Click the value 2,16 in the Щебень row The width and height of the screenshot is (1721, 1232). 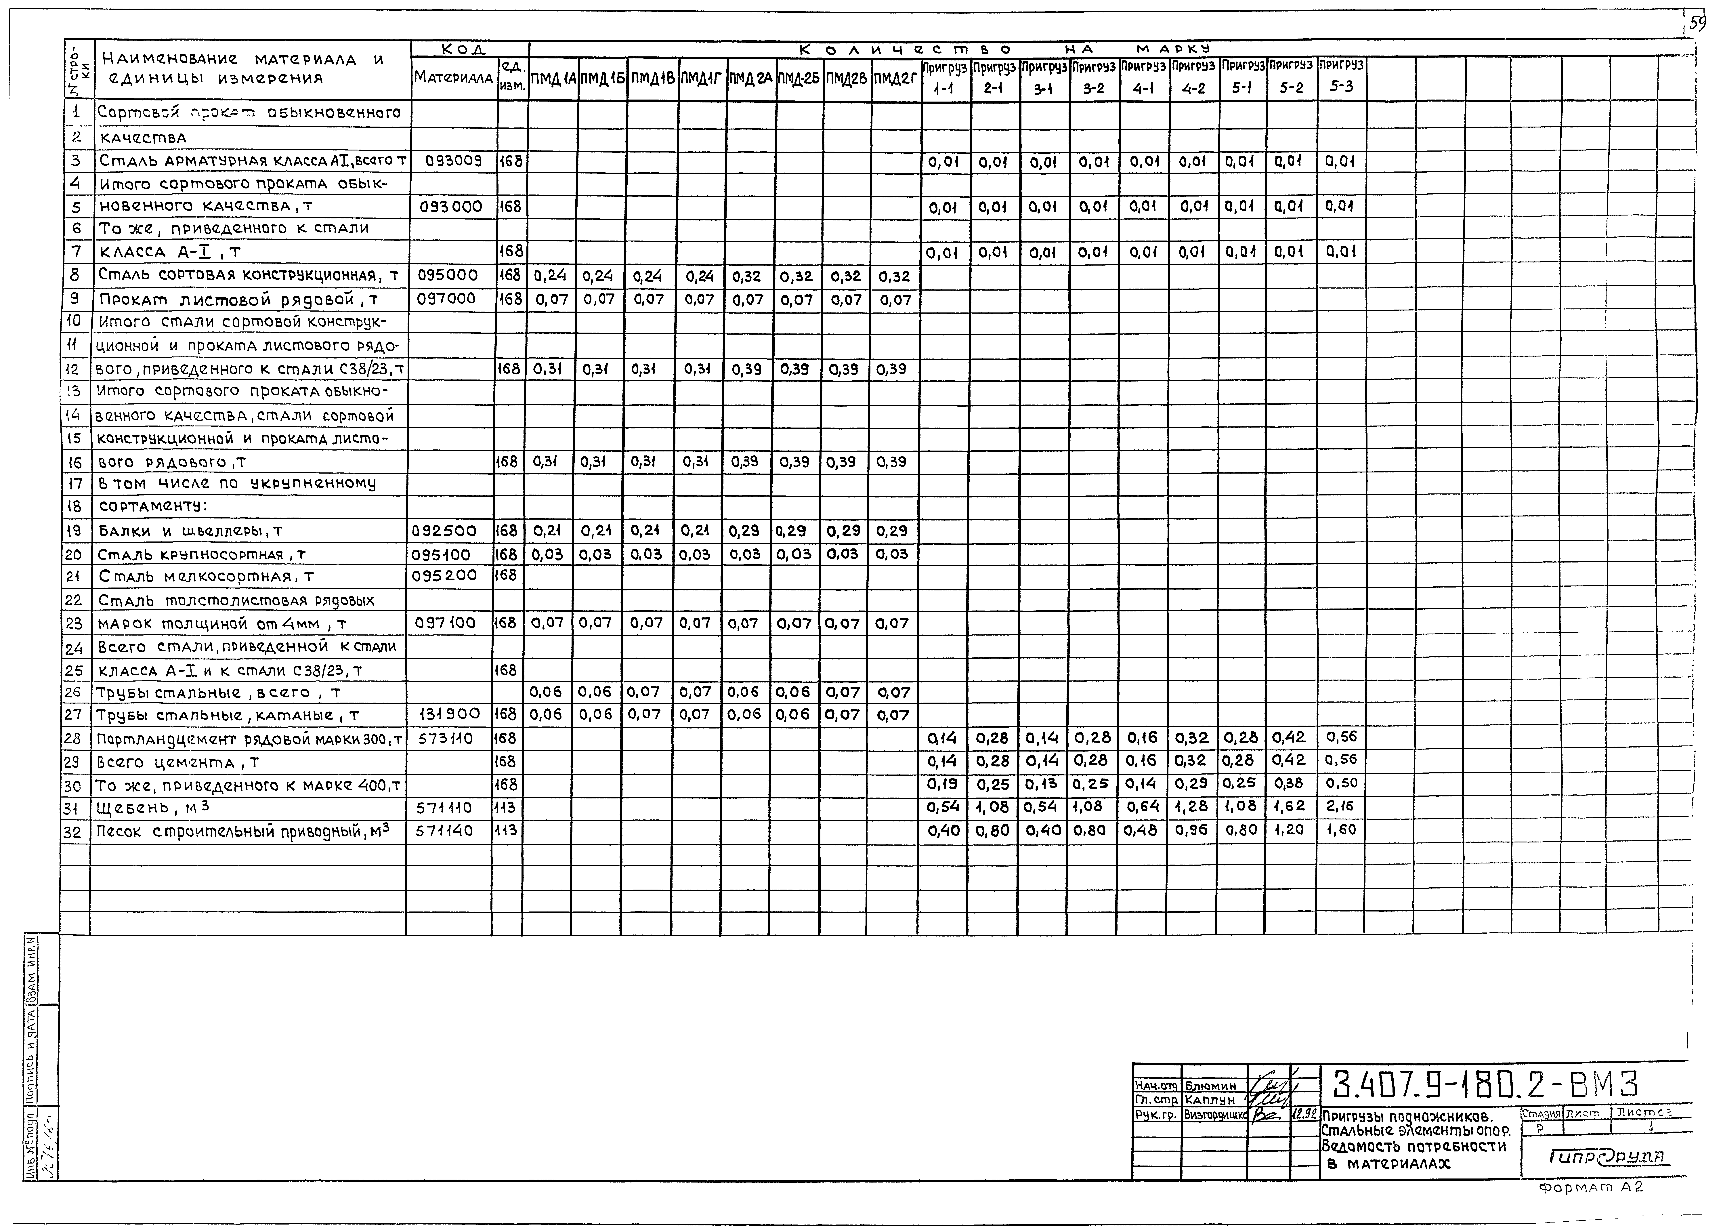tap(1340, 806)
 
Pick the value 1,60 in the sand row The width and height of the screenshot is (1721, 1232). tap(1340, 830)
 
